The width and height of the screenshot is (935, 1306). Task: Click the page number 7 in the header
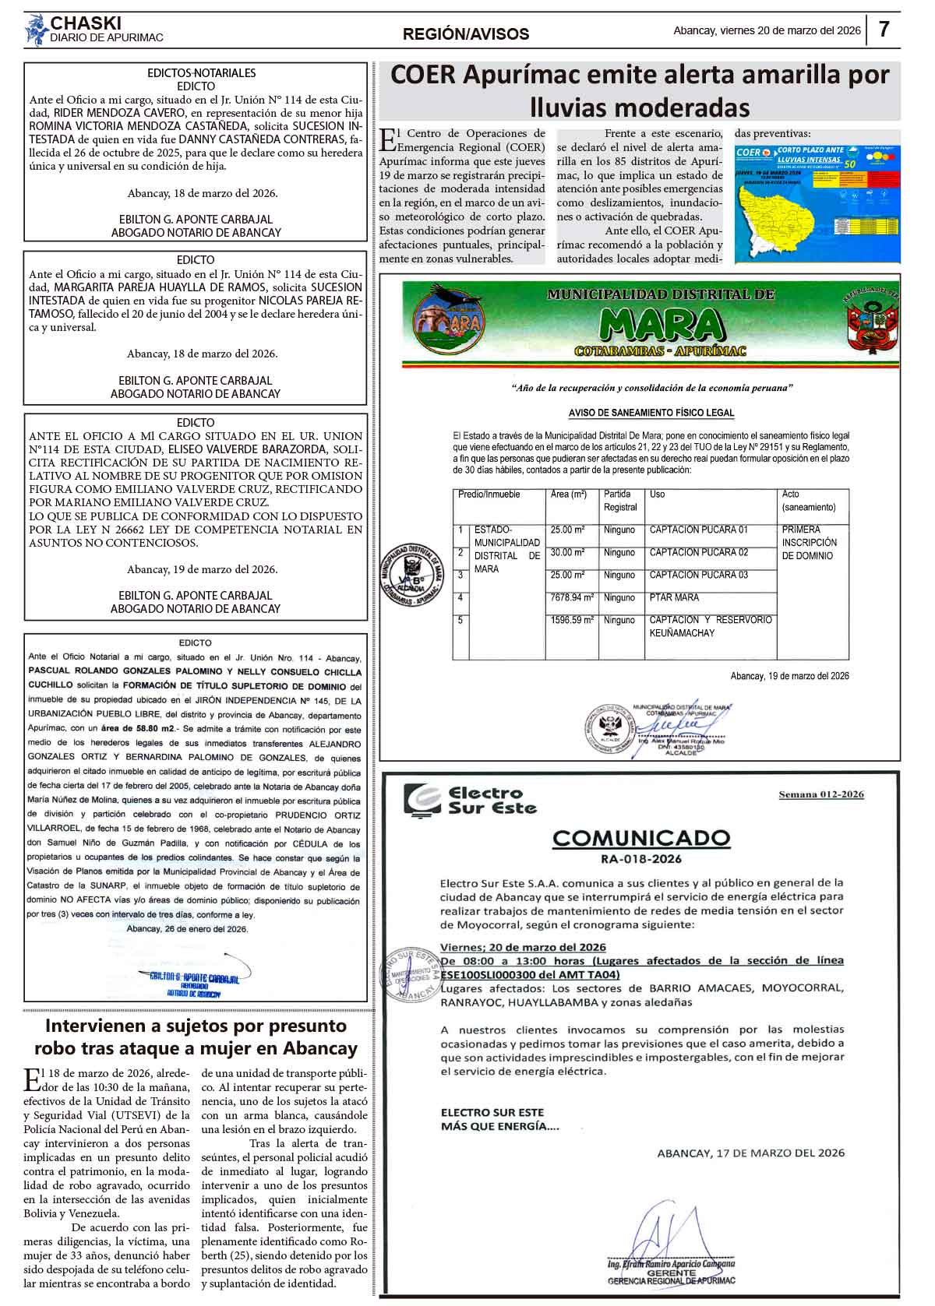pyautogui.click(x=884, y=30)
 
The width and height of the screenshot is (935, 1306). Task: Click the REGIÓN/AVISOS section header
pyautogui.click(x=465, y=34)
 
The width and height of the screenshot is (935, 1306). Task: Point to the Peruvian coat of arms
pyautogui.click(x=871, y=320)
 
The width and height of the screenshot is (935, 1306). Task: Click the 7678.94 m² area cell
pyautogui.click(x=571, y=598)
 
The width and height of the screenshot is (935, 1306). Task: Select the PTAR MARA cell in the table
pyautogui.click(x=674, y=598)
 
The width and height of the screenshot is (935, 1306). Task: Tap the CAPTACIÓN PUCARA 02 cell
pyautogui.click(x=698, y=553)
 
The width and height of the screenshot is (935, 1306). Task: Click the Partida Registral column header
pyautogui.click(x=620, y=501)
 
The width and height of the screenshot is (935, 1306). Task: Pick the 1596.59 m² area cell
pyautogui.click(x=571, y=621)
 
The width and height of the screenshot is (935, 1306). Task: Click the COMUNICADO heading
pyautogui.click(x=640, y=839)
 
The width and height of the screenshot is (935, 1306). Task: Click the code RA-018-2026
pyautogui.click(x=640, y=859)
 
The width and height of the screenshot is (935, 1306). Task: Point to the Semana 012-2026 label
pyautogui.click(x=821, y=794)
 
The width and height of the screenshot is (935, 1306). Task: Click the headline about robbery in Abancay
pyautogui.click(x=195, y=1037)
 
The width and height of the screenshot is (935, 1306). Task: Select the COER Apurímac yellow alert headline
pyautogui.click(x=639, y=90)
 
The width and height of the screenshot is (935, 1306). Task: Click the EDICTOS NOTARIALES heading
pyautogui.click(x=201, y=73)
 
